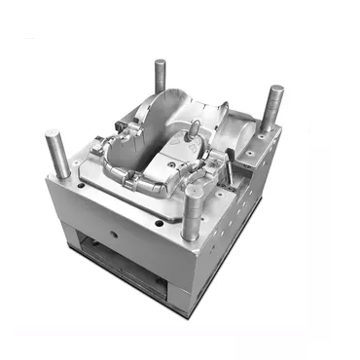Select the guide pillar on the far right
pyautogui.click(x=272, y=107)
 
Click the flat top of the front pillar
pyautogui.click(x=193, y=192)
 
